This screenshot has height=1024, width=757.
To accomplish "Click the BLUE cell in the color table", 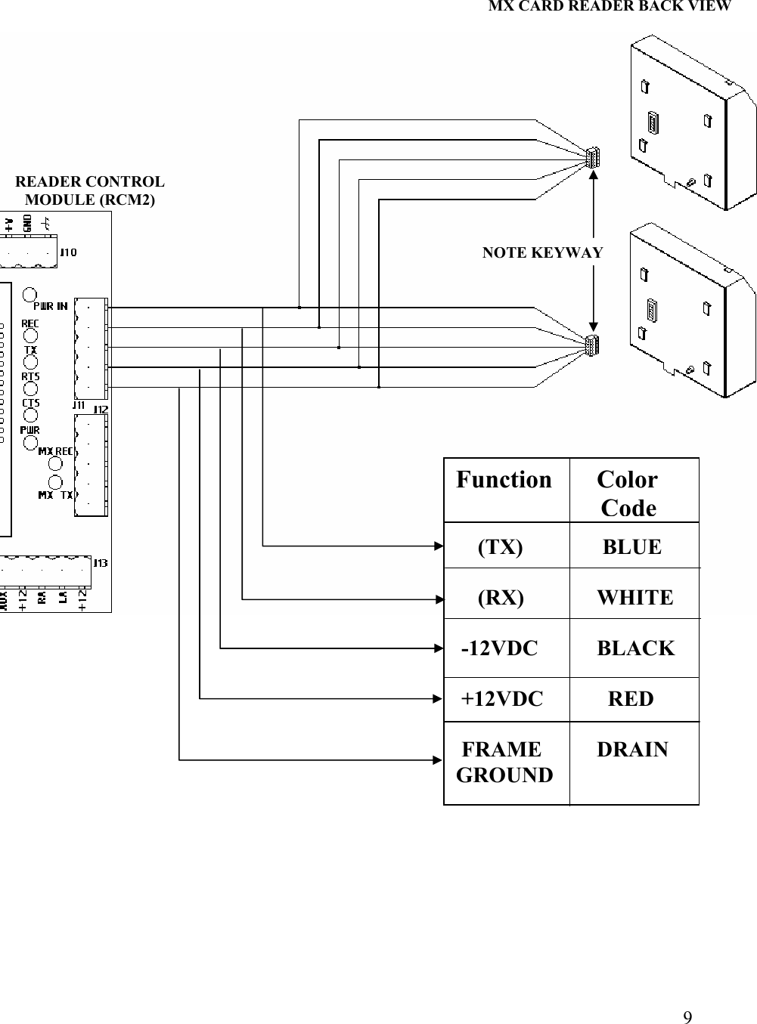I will [632, 547].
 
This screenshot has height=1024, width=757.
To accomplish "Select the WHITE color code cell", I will [634, 598].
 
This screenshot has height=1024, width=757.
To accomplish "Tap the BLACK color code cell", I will [635, 648].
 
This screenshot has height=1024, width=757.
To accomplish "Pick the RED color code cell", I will [631, 699].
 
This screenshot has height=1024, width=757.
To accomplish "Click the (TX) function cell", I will [501, 547].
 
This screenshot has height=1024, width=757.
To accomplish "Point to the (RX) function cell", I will [501, 598].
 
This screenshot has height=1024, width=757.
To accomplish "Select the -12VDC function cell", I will [500, 648].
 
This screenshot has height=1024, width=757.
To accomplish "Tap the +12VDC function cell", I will [502, 699].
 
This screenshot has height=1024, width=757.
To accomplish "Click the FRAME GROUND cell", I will [504, 763].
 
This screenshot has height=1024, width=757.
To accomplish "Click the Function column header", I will [504, 480].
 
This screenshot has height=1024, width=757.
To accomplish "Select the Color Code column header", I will [628, 493].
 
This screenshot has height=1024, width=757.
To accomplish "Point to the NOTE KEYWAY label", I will [542, 252].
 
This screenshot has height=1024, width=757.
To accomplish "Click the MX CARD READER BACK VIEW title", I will [610, 7].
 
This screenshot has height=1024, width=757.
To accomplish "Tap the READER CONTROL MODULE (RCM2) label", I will [90, 191].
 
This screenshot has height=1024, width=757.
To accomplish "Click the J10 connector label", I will [68, 252].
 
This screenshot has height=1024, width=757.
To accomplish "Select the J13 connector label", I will [100, 563].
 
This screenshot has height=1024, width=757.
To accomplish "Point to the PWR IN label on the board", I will [51, 306].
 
